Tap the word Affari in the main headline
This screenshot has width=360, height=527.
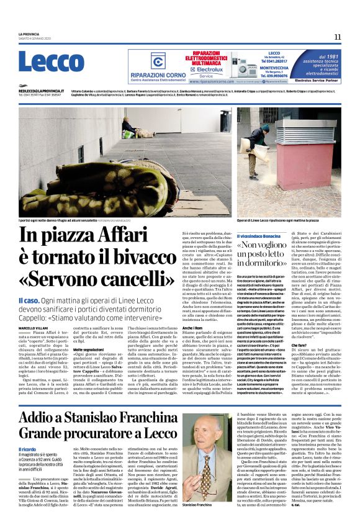tap(140, 236)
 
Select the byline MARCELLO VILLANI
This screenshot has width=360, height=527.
tap(35, 327)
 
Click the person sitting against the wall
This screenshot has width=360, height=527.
tap(128, 128)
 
